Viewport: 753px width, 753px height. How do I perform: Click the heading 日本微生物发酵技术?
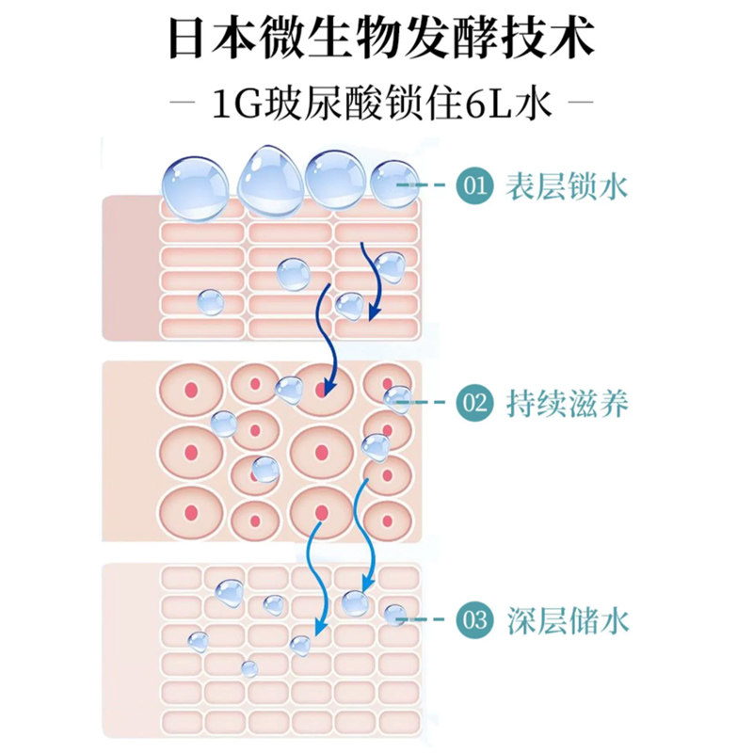point(380,40)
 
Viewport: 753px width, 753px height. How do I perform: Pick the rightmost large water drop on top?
point(393,184)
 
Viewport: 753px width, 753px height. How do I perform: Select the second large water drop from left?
point(269,179)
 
